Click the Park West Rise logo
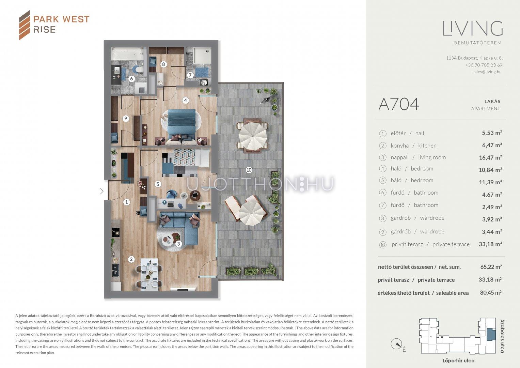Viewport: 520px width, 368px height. (54, 25)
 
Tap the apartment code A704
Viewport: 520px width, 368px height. (399, 104)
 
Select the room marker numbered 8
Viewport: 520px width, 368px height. (163, 64)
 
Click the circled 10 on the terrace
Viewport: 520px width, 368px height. (249, 170)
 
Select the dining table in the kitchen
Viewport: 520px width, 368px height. (149, 275)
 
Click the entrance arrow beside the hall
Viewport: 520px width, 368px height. (102, 191)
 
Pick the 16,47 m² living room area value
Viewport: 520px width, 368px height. (490, 157)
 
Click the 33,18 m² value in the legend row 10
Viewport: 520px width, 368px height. (490, 244)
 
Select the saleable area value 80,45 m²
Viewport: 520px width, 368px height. (491, 292)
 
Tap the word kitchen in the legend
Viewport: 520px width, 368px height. (427, 145)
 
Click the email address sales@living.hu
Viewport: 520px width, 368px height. (487, 72)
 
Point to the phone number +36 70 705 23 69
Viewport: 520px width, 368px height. (484, 65)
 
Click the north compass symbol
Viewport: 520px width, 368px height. (396, 344)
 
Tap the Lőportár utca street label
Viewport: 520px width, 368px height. (458, 361)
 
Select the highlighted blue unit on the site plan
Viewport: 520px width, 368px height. (491, 335)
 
